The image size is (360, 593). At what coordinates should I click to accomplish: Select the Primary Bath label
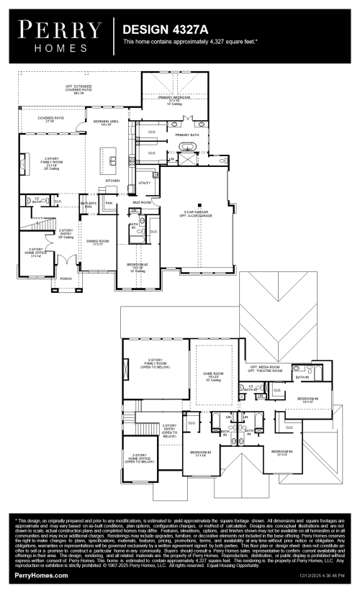coord(186,135)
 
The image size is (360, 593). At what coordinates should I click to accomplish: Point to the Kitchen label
coord(113,181)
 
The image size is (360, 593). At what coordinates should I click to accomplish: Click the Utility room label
coord(144,184)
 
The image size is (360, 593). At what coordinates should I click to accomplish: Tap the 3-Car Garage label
coord(196,213)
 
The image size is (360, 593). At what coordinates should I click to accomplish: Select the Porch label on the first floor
coord(66,278)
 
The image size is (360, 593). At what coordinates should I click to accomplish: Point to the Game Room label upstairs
coord(214,375)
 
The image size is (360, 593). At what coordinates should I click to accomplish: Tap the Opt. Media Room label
coord(264,368)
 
